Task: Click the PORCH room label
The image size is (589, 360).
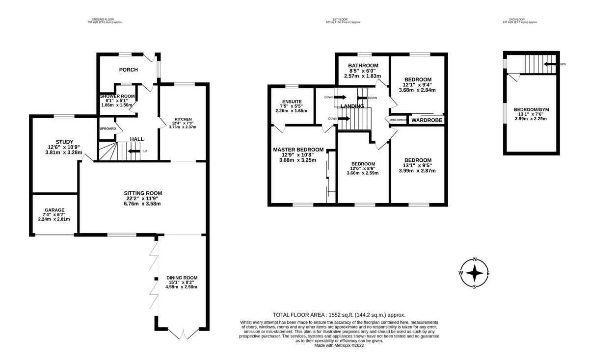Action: [128, 70]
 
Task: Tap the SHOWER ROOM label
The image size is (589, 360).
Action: [117, 96]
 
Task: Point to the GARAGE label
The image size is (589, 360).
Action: [54, 210]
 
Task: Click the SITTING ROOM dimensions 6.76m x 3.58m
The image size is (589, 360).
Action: [142, 204]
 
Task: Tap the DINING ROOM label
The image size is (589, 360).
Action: [182, 278]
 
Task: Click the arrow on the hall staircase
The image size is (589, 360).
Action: [133, 151]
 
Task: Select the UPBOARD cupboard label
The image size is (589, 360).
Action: [107, 129]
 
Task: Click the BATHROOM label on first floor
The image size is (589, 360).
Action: [363, 66]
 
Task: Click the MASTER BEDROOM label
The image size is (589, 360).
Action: [298, 150]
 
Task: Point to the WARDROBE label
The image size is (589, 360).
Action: [427, 120]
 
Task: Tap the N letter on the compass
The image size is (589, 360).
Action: [475, 260]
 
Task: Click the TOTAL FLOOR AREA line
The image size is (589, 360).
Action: [339, 315]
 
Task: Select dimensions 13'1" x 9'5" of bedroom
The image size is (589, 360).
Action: [417, 165]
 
